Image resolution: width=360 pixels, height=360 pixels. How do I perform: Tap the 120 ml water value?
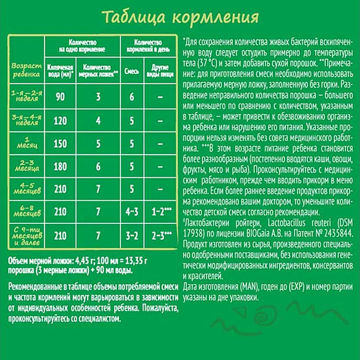pyautogui.click(x=60, y=120)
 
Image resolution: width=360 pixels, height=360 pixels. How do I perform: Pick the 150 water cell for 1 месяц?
pyautogui.click(x=60, y=144)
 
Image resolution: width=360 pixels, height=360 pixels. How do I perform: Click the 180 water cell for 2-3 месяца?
pyautogui.click(x=60, y=167)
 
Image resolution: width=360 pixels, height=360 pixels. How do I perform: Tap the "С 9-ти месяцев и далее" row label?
pyautogui.click(x=23, y=236)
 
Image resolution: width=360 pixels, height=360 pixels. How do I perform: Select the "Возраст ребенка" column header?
pyautogui.click(x=23, y=69)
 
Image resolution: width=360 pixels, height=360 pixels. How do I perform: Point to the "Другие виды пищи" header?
pyautogui.click(x=159, y=69)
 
